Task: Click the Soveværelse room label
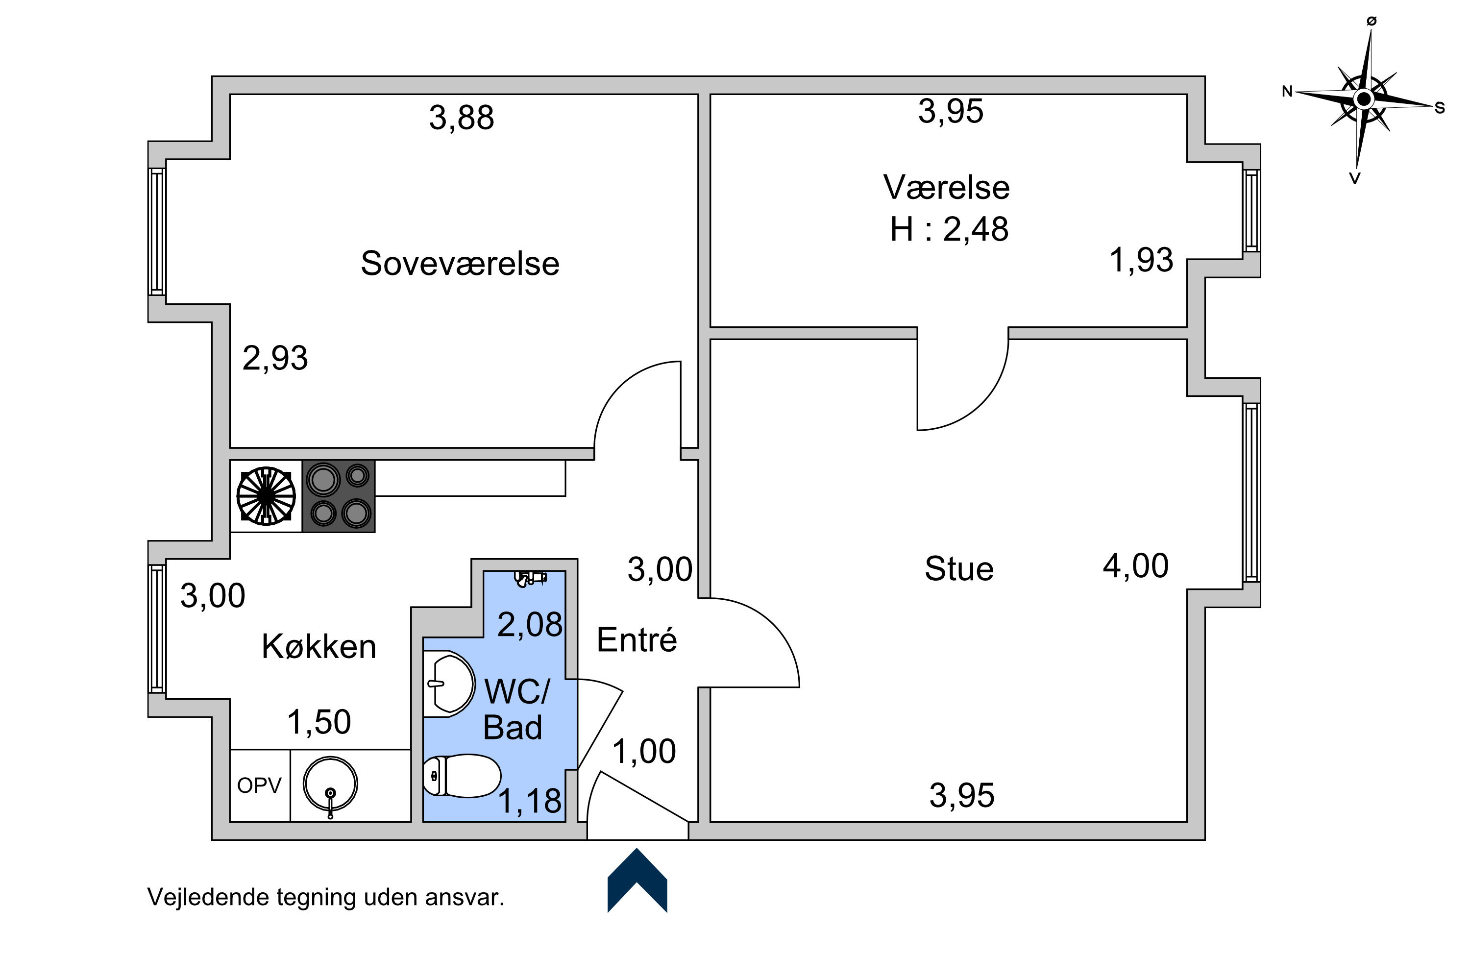click(460, 263)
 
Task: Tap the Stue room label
click(959, 569)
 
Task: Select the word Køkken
click(319, 646)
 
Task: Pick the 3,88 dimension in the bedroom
click(461, 118)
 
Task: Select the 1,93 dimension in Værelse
click(1141, 260)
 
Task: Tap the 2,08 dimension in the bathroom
click(530, 624)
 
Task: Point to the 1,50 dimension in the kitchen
click(319, 722)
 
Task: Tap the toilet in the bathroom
click(462, 776)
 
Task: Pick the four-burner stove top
click(339, 496)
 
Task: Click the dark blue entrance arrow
click(637, 880)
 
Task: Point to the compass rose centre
click(1364, 99)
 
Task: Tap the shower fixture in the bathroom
click(530, 578)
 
